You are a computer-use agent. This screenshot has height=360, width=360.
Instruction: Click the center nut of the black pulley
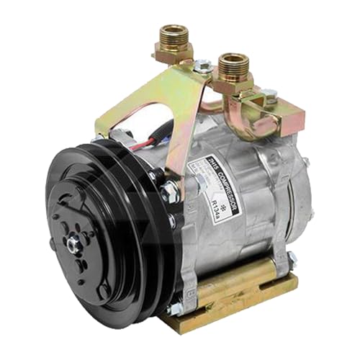(73, 245)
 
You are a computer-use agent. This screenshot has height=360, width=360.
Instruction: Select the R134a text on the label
(217, 196)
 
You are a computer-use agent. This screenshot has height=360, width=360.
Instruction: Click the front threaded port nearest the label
(233, 68)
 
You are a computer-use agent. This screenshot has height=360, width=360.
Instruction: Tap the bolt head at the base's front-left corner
(175, 310)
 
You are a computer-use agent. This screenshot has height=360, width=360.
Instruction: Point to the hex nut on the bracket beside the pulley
(171, 192)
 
